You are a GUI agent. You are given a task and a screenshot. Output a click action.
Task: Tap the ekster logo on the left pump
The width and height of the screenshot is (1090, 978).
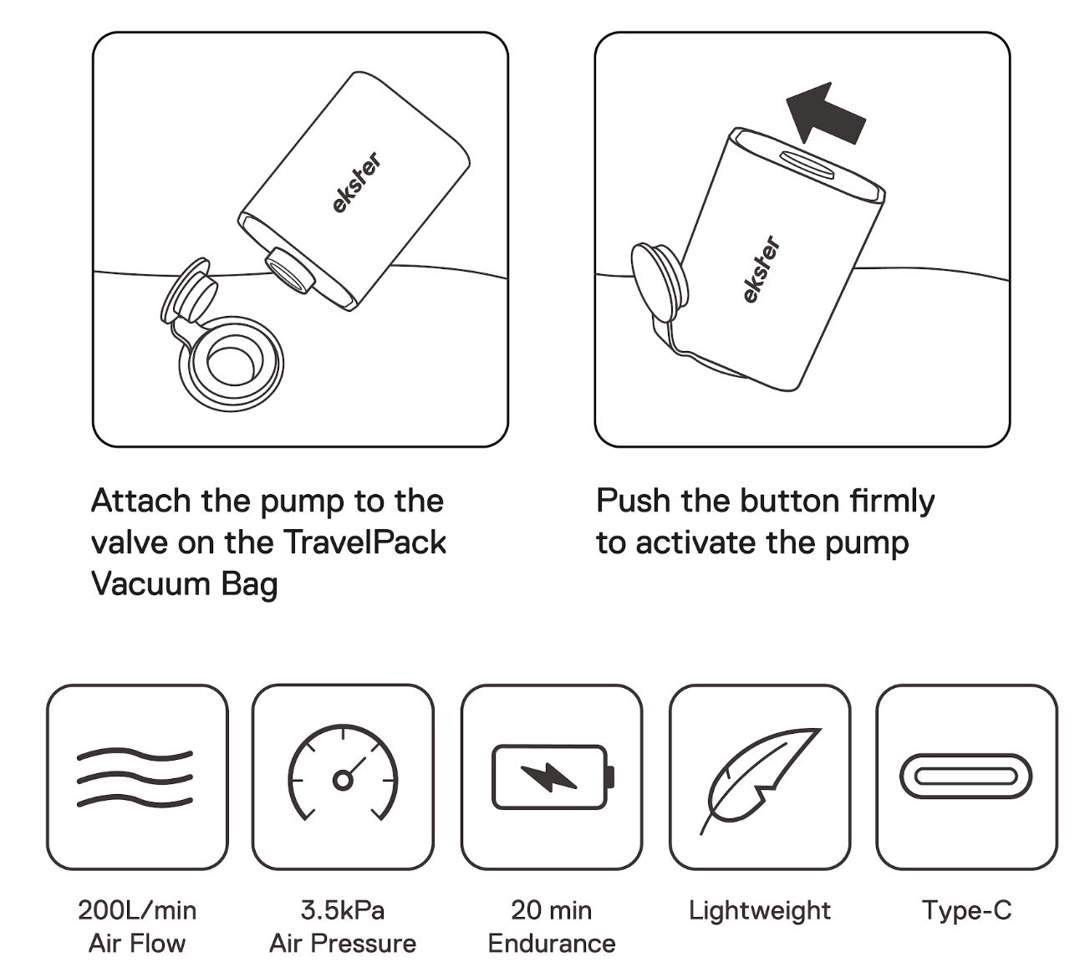(357, 182)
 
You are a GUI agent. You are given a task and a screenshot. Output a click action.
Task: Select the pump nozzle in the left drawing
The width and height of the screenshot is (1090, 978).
(290, 271)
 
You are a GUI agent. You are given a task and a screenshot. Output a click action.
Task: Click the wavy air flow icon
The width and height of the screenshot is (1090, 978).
(135, 778)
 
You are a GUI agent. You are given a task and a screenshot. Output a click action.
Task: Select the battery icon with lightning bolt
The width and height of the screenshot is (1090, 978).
(553, 777)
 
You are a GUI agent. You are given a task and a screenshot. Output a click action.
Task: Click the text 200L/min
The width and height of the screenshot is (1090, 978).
(137, 911)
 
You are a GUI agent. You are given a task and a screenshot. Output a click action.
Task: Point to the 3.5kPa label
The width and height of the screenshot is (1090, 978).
(343, 910)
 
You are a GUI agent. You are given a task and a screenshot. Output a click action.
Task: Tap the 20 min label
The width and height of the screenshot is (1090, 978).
(552, 910)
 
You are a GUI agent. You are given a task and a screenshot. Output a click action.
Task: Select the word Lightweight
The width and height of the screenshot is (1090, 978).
(760, 911)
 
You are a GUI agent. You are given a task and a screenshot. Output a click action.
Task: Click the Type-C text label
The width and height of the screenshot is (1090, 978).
(967, 911)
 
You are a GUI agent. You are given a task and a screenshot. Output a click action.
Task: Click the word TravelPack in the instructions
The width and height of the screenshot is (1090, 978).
(364, 542)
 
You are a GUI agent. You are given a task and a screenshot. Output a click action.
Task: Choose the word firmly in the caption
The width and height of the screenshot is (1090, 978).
(892, 502)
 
